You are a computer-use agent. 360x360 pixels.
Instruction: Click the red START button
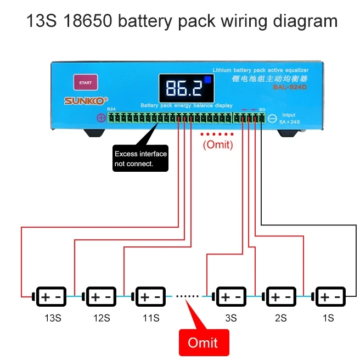tap(85, 83)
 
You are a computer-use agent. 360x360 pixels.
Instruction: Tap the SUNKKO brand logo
tap(82, 100)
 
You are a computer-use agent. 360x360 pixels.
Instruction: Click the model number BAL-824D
tap(291, 86)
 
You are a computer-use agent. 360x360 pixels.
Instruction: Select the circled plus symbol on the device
tap(100, 117)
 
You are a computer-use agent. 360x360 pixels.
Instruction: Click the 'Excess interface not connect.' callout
tap(140, 159)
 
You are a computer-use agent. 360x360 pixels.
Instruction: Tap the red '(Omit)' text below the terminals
tap(218, 145)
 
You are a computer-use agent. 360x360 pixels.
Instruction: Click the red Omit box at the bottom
tap(203, 342)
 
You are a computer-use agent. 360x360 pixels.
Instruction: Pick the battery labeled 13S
tap(50, 297)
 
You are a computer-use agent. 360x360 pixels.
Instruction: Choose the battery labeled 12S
tap(100, 297)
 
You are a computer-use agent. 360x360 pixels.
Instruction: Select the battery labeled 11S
tap(149, 297)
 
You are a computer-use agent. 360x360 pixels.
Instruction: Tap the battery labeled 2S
tap(280, 297)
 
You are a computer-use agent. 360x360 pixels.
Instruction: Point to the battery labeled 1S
tap(329, 297)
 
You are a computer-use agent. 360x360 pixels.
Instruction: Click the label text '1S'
tap(328, 318)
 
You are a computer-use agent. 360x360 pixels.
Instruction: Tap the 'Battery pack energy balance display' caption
tap(186, 105)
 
